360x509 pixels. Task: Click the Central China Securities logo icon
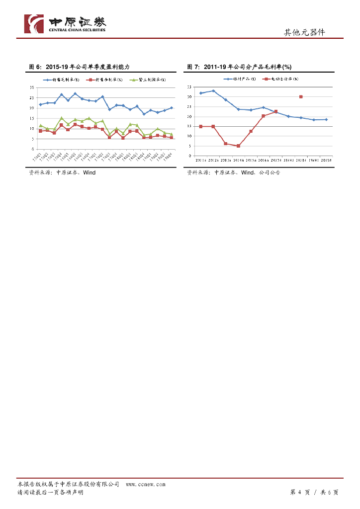[x=34, y=24]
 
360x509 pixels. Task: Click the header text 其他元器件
[x=304, y=32]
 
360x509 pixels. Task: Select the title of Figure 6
[x=80, y=67]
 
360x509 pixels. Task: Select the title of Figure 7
[x=239, y=67]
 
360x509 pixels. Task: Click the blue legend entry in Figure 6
[x=63, y=80]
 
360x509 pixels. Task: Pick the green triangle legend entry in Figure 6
[x=148, y=80]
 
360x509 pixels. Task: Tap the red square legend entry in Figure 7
[x=282, y=79]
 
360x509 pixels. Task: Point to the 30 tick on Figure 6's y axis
[x=32, y=87]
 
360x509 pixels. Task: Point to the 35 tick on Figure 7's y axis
[x=189, y=87]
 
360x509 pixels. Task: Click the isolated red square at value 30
[x=301, y=97]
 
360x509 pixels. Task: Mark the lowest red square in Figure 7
[x=238, y=146]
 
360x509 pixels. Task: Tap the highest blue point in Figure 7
[x=213, y=91]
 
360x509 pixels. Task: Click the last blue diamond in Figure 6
[x=172, y=107]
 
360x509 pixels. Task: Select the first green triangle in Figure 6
[x=40, y=126]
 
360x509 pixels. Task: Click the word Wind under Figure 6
[x=90, y=172]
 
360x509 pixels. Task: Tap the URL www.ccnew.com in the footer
[x=146, y=484]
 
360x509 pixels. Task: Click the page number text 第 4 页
[x=300, y=492]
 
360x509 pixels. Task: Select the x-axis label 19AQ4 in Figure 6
[x=170, y=156]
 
